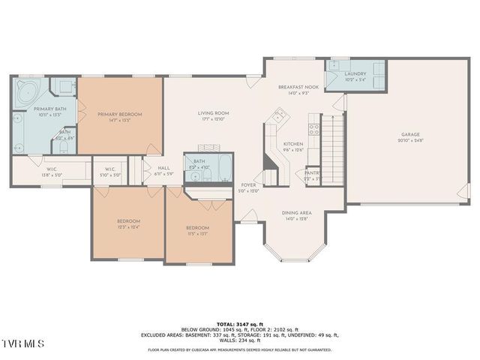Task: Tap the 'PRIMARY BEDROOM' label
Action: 119,114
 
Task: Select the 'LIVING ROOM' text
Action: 213,113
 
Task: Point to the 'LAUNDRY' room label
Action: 355,73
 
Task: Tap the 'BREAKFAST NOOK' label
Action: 298,87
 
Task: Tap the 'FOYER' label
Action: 248,184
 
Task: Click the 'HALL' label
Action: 163,169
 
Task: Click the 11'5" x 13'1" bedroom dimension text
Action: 197,233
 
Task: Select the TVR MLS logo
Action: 22,343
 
